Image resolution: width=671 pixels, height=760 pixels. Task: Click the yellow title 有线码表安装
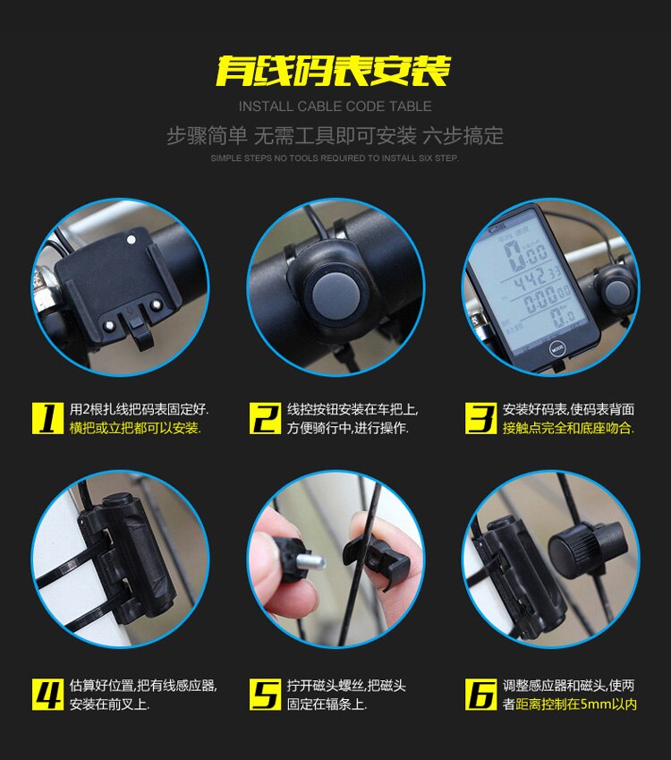pyautogui.click(x=334, y=71)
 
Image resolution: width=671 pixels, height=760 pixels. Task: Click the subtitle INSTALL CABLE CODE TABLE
pyautogui.click(x=335, y=107)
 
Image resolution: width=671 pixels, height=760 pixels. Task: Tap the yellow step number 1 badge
pyautogui.click(x=48, y=417)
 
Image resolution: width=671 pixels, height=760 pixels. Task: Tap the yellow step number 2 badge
pyautogui.click(x=265, y=417)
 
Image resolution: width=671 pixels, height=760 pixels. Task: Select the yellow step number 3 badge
pyautogui.click(x=481, y=417)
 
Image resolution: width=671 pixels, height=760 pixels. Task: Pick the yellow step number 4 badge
pyautogui.click(x=48, y=694)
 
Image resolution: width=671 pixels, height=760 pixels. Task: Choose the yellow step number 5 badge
pyautogui.click(x=265, y=694)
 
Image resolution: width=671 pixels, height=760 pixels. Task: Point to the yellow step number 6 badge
pyautogui.click(x=481, y=694)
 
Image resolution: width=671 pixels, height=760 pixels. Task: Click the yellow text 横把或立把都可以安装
pyautogui.click(x=135, y=428)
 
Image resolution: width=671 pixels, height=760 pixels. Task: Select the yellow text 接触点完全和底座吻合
pyautogui.click(x=568, y=428)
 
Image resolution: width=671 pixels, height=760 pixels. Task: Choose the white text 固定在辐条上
pyautogui.click(x=327, y=704)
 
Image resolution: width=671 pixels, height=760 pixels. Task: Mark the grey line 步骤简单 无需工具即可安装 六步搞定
pyautogui.click(x=335, y=136)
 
